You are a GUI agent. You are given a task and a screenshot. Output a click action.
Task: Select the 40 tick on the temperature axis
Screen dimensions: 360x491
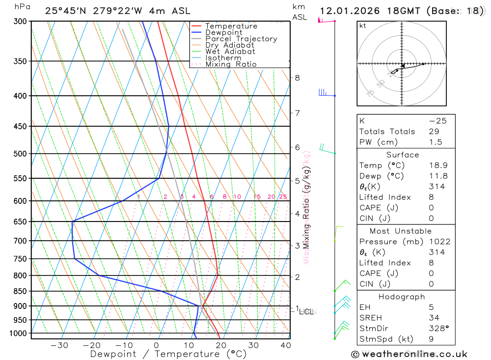click(286, 345)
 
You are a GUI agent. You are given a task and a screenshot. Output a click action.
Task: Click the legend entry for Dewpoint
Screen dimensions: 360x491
click(223, 32)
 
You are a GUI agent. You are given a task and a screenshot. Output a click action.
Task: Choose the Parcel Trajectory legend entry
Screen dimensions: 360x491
click(241, 39)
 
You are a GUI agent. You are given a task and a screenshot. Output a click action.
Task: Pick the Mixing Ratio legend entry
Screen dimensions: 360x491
click(231, 64)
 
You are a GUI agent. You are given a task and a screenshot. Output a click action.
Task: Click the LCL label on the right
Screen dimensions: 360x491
click(306, 311)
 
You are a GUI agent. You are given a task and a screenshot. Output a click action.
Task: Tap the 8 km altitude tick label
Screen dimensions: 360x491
click(298, 78)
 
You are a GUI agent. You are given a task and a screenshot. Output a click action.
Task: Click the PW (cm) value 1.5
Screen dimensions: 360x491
click(436, 142)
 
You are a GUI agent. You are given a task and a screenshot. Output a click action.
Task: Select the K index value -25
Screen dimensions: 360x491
click(437, 121)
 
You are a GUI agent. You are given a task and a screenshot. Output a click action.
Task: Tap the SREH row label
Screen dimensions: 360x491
click(371, 318)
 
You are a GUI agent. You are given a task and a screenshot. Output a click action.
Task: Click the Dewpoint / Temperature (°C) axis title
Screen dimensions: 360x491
click(168, 354)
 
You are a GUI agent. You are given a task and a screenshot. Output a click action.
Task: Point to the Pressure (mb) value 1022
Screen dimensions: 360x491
click(439, 242)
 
